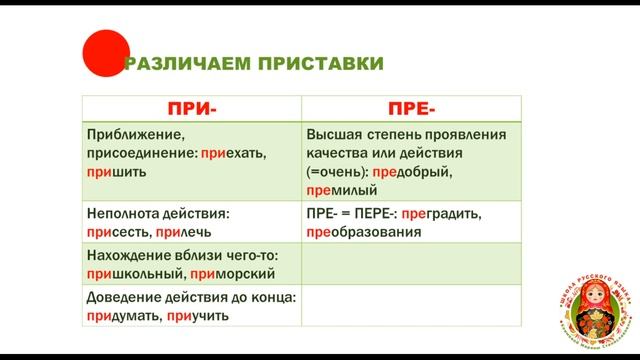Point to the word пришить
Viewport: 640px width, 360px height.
(x=117, y=171)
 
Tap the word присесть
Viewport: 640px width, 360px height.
(x=118, y=231)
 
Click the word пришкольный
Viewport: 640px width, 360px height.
(x=133, y=274)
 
